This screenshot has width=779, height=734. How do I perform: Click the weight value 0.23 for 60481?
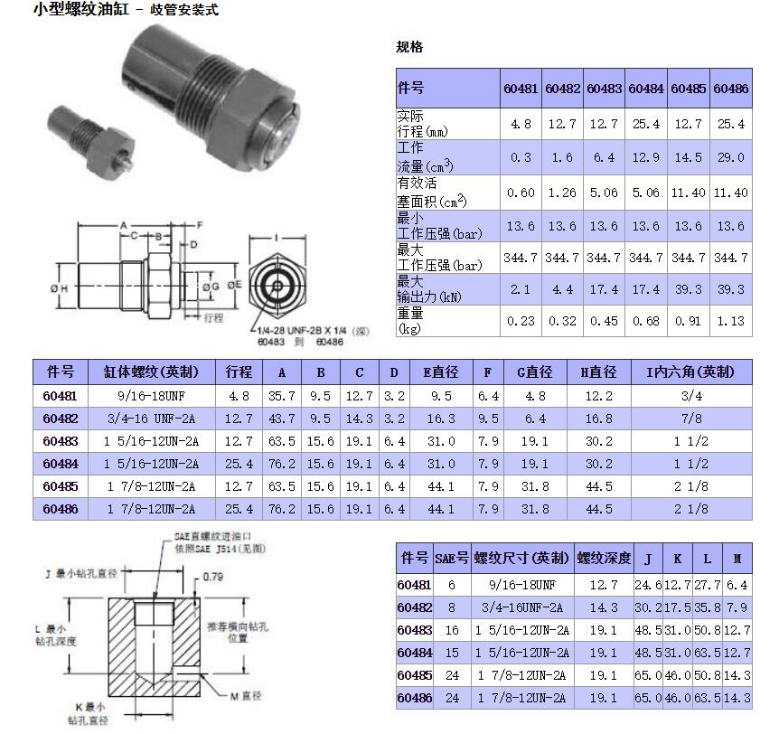point(521,321)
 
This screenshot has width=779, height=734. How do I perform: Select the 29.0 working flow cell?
point(731,157)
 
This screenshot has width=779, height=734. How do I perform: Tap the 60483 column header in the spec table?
point(604,89)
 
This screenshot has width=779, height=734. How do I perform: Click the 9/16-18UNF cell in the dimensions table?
point(152,396)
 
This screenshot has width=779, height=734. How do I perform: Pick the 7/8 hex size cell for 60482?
point(691,419)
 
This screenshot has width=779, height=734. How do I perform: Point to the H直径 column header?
point(598,372)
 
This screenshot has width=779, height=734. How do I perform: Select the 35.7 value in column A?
point(282,396)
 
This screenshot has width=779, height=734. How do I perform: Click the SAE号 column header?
point(452,558)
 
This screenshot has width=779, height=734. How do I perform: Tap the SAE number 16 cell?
point(452,630)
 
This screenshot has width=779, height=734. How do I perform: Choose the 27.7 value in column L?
point(708,585)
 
